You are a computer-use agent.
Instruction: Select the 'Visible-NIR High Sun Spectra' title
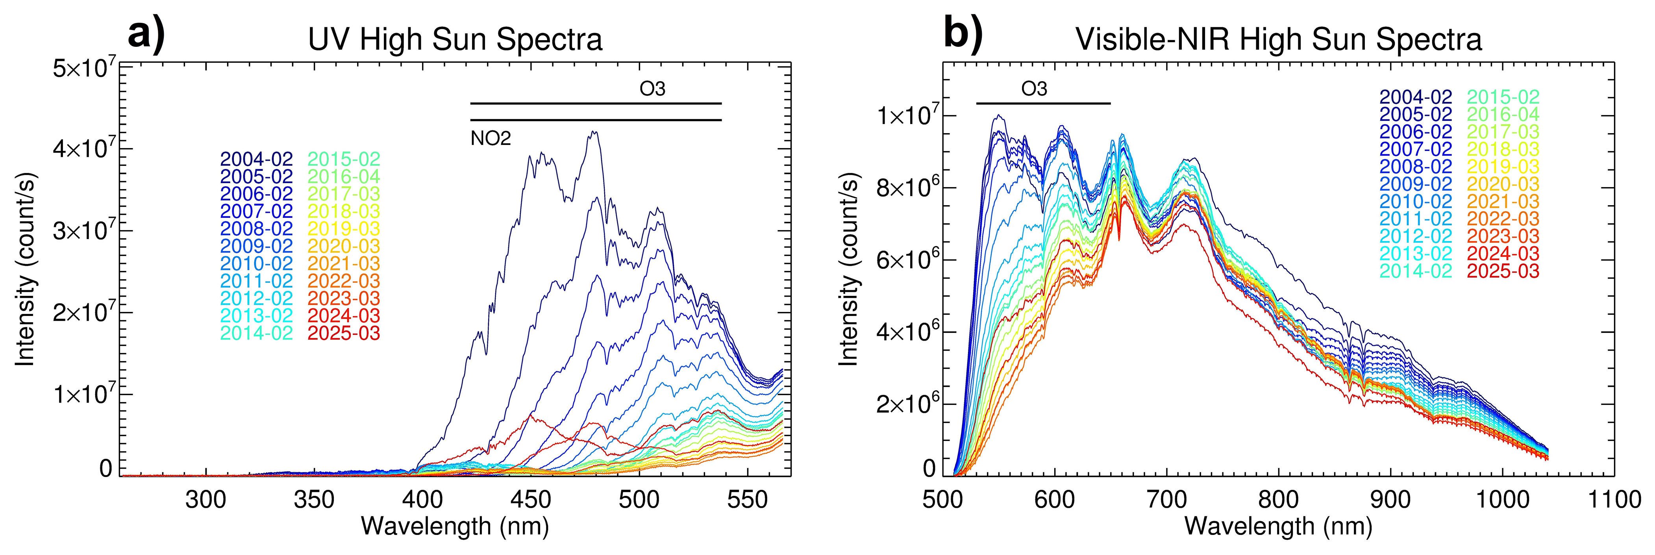click(1279, 40)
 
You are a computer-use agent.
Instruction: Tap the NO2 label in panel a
click(491, 138)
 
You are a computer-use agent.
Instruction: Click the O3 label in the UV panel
click(652, 89)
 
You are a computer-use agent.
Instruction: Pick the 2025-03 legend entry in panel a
click(344, 334)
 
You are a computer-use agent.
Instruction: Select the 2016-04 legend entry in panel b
click(1503, 115)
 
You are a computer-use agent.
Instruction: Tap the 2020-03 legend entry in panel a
click(344, 246)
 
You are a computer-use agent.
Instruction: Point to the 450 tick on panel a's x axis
click(531, 500)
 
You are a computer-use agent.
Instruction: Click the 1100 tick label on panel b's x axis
click(1614, 500)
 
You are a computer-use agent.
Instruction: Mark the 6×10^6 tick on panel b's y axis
click(906, 260)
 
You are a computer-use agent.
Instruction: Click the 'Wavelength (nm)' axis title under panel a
click(455, 526)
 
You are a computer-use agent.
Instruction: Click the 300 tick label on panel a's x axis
click(205, 500)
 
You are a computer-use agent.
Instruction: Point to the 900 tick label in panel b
click(1391, 500)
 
